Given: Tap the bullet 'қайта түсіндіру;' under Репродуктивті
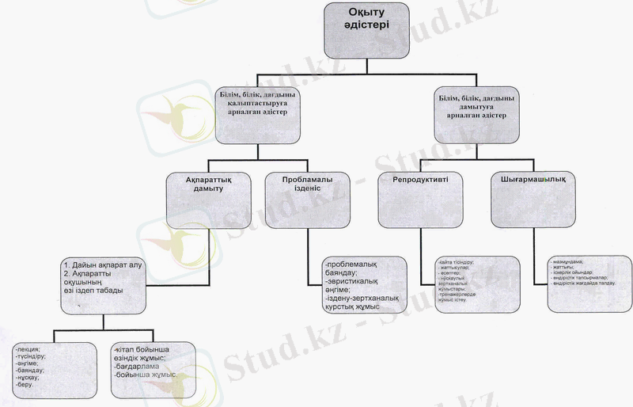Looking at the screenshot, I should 458,261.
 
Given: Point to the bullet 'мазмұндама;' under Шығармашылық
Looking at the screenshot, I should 567,261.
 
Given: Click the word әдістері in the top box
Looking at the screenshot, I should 366,25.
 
